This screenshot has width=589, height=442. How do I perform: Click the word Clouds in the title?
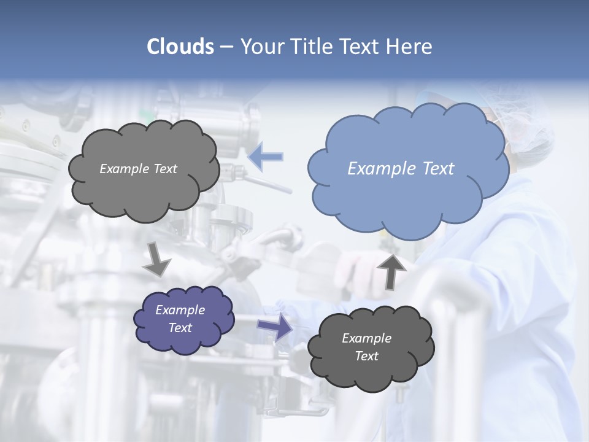pos(180,47)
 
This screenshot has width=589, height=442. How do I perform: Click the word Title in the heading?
pos(312,47)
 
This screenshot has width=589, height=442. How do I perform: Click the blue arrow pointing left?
pos(266,157)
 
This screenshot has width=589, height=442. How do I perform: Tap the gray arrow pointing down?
pos(156,260)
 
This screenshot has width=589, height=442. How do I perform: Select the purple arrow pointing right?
pos(275,327)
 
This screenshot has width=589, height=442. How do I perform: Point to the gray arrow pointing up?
pos(391,271)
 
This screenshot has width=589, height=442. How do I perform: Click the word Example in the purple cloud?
pos(180,310)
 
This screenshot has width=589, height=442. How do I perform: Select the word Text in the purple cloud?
pos(180,328)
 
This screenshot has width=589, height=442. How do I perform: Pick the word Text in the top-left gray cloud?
pos(164,169)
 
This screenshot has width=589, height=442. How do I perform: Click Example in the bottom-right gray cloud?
pos(366,338)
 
